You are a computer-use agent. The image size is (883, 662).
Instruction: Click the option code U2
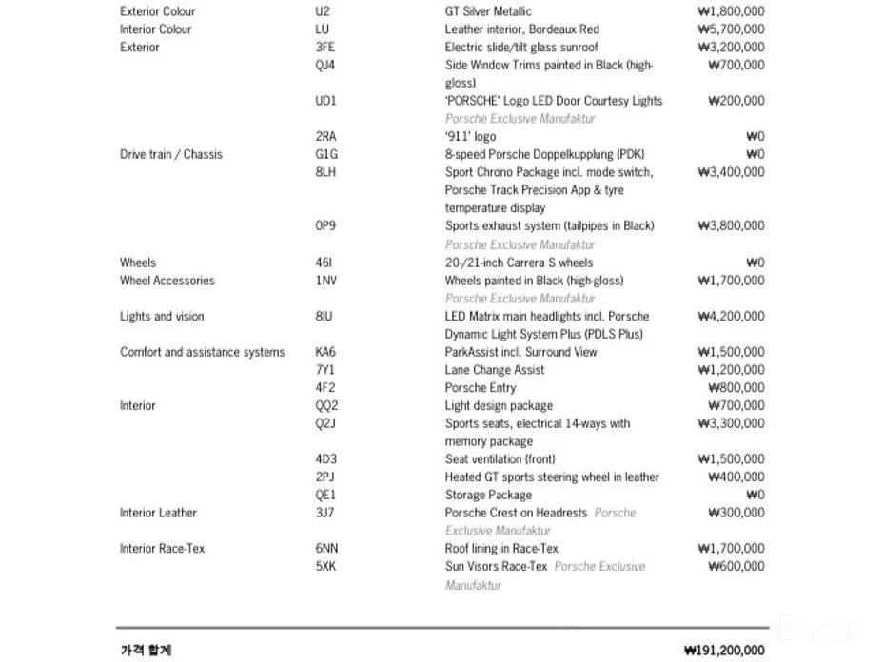pyautogui.click(x=323, y=11)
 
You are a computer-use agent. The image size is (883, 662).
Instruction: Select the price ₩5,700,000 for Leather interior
pyautogui.click(x=730, y=29)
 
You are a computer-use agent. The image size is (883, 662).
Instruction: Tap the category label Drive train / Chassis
pyautogui.click(x=170, y=154)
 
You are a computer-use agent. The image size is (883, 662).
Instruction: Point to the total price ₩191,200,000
pyautogui.click(x=724, y=651)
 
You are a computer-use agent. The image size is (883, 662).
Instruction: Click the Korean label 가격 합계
pyautogui.click(x=146, y=651)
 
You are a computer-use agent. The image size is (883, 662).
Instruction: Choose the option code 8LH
pyautogui.click(x=325, y=172)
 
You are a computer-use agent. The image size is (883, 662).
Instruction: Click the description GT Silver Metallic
pyautogui.click(x=488, y=11)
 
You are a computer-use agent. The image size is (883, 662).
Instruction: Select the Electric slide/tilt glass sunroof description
pyautogui.click(x=521, y=47)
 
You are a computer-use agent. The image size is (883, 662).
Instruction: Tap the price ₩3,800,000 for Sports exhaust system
pyautogui.click(x=730, y=226)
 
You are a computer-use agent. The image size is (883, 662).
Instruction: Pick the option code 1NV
pyautogui.click(x=325, y=281)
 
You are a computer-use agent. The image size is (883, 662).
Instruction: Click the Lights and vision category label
pyautogui.click(x=162, y=317)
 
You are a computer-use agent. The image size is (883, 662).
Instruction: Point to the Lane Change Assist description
pyautogui.click(x=495, y=370)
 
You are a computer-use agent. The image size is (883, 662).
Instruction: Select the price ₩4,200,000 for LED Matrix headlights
pyautogui.click(x=730, y=317)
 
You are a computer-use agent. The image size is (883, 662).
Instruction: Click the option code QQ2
pyautogui.click(x=326, y=406)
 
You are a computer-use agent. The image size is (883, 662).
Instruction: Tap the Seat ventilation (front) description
pyautogui.click(x=500, y=459)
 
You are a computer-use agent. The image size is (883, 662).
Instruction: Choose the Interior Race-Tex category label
pyautogui.click(x=162, y=549)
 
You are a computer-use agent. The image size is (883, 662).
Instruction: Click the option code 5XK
pyautogui.click(x=325, y=567)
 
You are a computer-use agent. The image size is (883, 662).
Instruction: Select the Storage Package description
pyautogui.click(x=489, y=496)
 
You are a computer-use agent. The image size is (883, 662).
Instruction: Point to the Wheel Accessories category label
pyautogui.click(x=167, y=281)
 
